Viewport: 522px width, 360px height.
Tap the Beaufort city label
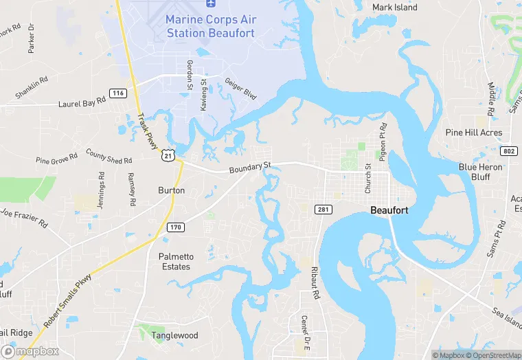(x=389, y=211)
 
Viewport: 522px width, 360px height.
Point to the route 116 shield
(x=118, y=93)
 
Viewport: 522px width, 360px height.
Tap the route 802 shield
(x=508, y=150)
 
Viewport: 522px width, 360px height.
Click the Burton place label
(x=171, y=190)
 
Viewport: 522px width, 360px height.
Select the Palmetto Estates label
(x=177, y=262)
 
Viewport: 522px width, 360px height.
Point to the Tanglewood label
(x=175, y=335)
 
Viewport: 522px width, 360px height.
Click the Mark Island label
(x=394, y=8)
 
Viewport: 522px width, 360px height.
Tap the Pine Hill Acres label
(x=473, y=133)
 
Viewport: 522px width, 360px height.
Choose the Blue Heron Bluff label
(x=481, y=172)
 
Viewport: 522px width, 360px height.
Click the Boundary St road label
(x=251, y=167)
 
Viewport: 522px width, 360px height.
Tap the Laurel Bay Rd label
(x=82, y=101)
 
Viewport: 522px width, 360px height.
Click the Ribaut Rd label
(x=316, y=282)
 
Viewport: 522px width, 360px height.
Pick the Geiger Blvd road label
(x=240, y=89)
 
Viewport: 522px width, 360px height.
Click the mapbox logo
(x=30, y=351)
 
